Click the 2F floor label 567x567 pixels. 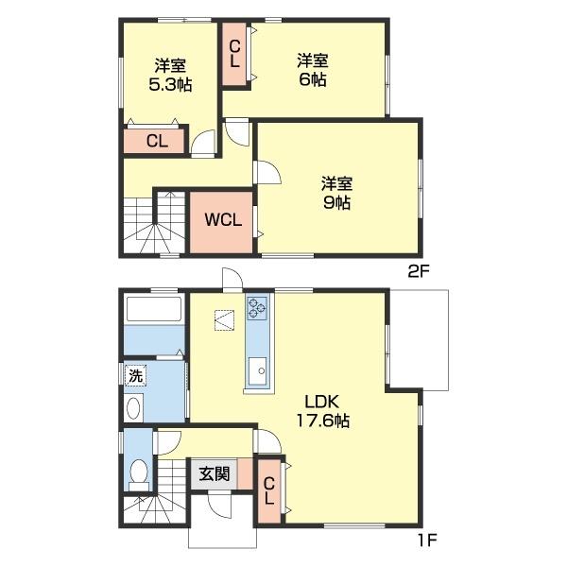pos(418,272)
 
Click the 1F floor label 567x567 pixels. pos(428,541)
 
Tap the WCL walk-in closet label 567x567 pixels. pos(223,219)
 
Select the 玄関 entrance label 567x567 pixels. pos(215,473)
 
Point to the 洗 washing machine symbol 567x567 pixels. pos(135,376)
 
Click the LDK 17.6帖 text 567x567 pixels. pos(322,411)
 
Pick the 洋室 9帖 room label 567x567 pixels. pos(336,193)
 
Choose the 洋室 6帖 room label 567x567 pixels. pos(313,70)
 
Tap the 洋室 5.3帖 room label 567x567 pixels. pos(170,75)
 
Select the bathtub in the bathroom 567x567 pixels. pos(154,309)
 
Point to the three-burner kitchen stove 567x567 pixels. pos(257,308)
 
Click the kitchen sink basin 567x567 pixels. pos(258,370)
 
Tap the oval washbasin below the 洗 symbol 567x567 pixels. pos(134,408)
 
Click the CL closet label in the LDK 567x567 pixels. pos(269,490)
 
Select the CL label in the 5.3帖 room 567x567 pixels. pos(157,141)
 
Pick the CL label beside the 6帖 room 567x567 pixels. pos(234,54)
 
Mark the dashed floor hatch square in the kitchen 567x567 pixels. pos(224,320)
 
